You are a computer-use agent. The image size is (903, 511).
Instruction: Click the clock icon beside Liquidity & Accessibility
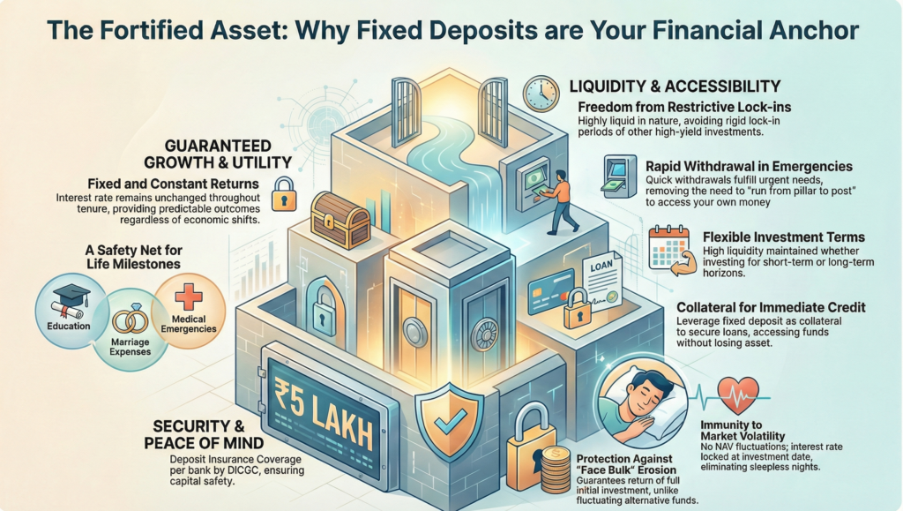click(541, 94)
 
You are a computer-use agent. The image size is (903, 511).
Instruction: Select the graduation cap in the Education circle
click(70, 298)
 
